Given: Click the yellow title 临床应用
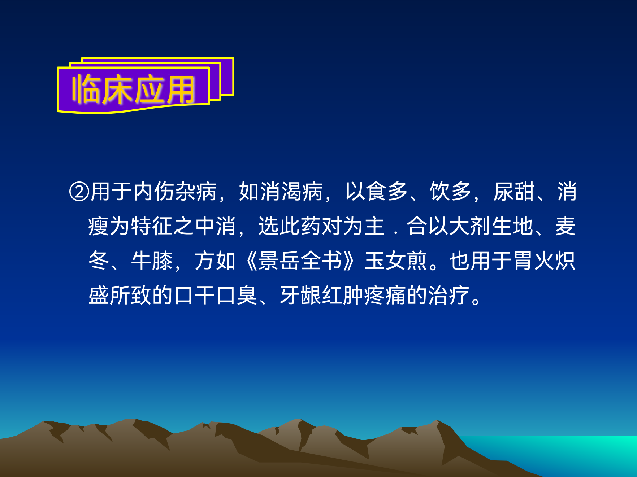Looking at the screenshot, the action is click(133, 89).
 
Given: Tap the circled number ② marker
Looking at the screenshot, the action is click(79, 192).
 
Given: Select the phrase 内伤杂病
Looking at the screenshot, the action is click(175, 192).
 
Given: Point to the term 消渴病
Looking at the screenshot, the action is click(281, 192).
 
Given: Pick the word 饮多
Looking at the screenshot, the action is click(451, 192).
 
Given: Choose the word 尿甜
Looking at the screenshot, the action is click(514, 192).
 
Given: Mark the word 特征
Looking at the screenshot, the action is click(152, 226).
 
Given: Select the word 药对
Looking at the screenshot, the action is click(321, 226).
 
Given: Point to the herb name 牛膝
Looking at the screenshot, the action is click(152, 261).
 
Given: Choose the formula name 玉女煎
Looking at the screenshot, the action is click(396, 261).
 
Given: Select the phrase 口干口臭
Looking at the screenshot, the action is click(216, 296).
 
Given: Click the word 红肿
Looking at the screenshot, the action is click(343, 296).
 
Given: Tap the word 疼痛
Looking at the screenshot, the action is click(385, 296).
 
